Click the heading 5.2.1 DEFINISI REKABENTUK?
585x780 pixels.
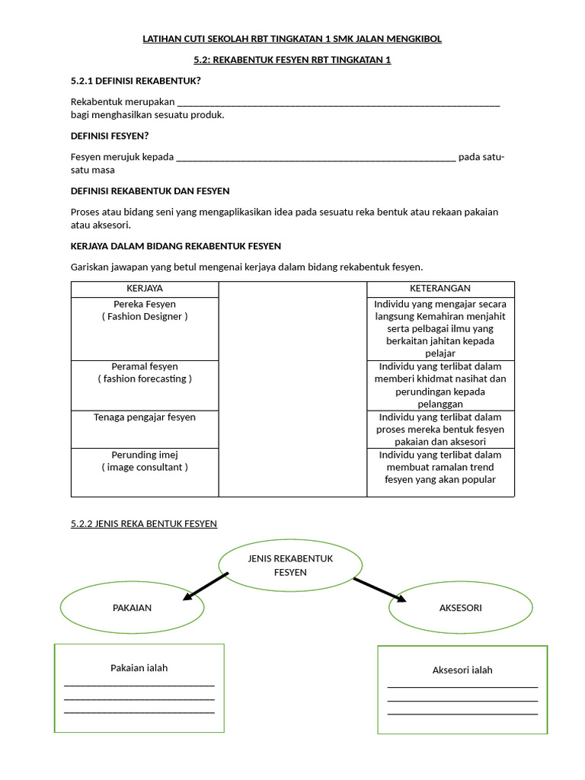(x=136, y=81)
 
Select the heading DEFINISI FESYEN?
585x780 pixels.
(x=110, y=136)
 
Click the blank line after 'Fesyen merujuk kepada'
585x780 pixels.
(x=315, y=158)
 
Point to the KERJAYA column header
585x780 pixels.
(x=144, y=289)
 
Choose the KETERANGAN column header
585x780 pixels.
(x=440, y=289)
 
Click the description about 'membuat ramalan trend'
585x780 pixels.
(x=440, y=467)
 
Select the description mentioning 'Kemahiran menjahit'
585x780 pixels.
(x=440, y=328)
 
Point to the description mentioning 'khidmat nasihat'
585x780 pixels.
(x=440, y=385)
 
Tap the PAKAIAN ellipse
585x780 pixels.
(x=132, y=608)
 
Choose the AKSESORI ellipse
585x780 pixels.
(x=460, y=608)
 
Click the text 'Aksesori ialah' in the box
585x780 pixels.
(x=462, y=670)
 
